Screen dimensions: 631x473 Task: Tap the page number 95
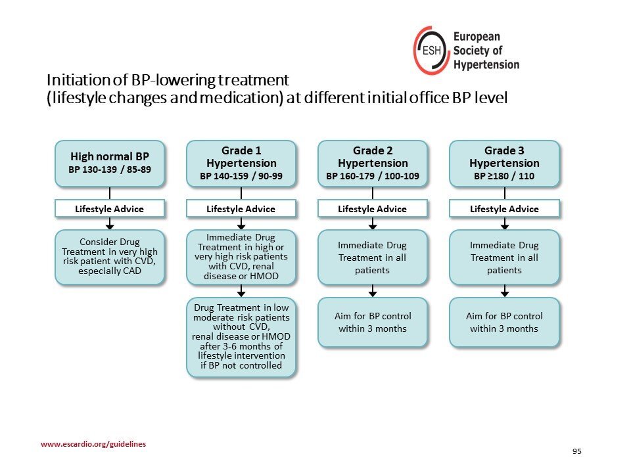point(576,451)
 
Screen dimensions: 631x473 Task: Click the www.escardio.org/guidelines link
point(93,444)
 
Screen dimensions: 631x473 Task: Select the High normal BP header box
point(110,164)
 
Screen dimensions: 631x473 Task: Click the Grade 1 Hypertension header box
point(241,164)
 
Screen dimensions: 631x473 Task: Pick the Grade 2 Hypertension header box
point(373,164)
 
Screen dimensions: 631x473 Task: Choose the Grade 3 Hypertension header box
point(504,164)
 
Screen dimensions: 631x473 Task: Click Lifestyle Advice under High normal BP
point(110,209)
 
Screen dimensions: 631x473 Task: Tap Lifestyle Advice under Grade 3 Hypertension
point(504,209)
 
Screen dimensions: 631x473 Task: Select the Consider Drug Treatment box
point(110,258)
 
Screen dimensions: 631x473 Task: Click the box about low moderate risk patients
point(241,337)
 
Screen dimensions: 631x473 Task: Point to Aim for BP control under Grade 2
point(373,322)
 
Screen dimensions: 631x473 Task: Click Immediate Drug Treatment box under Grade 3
point(504,258)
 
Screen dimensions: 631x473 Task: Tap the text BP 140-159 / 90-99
point(241,176)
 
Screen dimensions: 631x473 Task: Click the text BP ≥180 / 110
point(504,176)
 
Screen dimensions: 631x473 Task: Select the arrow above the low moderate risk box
point(241,291)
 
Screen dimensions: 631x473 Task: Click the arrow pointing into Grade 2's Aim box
point(373,291)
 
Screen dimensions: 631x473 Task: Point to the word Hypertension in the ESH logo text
point(486,65)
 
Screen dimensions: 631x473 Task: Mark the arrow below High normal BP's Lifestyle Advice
point(110,223)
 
